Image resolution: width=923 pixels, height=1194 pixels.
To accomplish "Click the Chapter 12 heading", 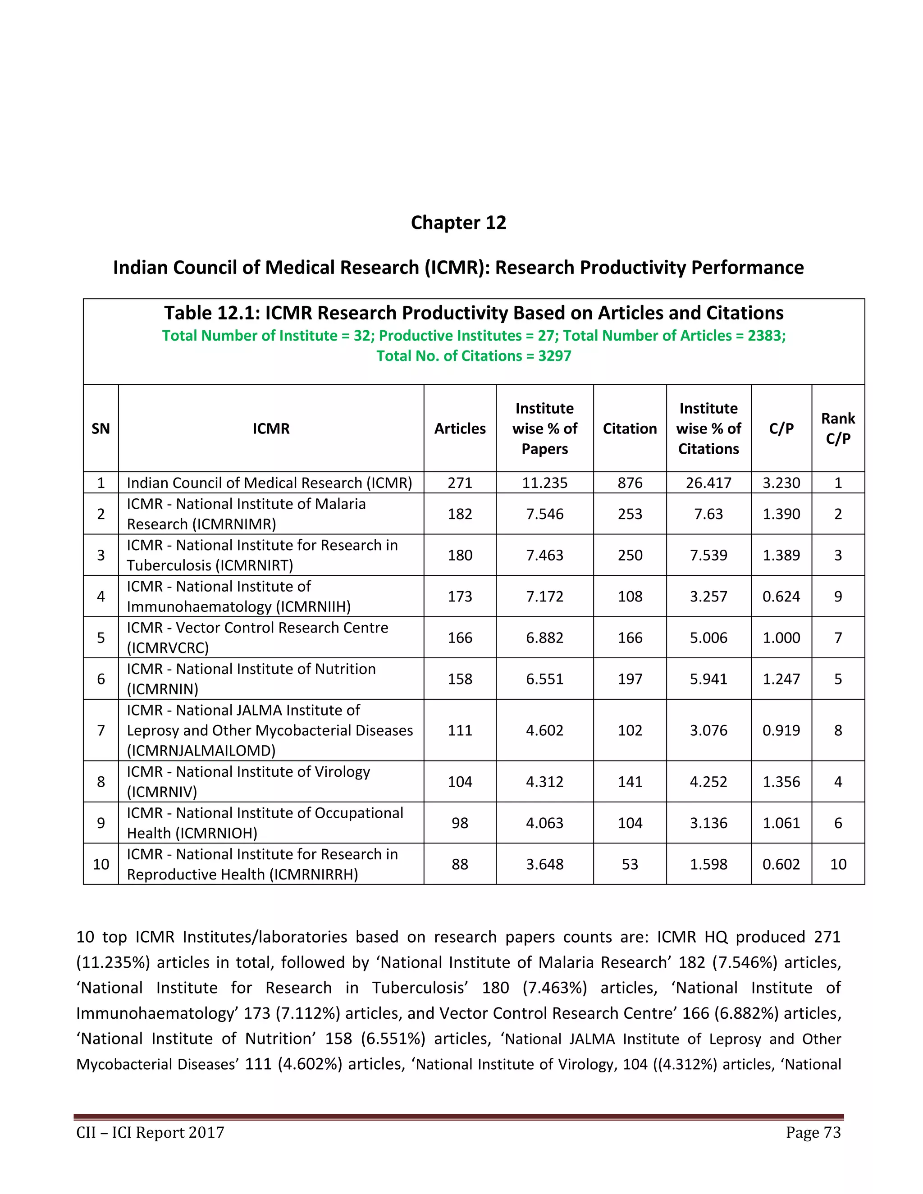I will pos(458,223).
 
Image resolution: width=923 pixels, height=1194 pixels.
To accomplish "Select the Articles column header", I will pos(460,428).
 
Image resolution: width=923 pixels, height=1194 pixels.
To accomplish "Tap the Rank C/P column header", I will pos(838,428).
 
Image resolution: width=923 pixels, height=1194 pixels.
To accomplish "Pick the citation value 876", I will pos(630,483).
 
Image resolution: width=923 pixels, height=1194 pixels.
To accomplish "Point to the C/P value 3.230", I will pos(781,483).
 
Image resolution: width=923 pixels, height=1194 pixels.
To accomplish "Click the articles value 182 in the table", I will pos(460,514).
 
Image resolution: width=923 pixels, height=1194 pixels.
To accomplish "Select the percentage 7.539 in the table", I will pos(708,555).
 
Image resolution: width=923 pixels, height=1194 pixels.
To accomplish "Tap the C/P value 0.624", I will pos(781,597).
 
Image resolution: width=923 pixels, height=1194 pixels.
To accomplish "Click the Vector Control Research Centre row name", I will pos(257,638).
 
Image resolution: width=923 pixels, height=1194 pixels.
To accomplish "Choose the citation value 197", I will pos(630,679).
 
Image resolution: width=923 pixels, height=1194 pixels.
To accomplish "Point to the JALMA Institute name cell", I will pos(270,730).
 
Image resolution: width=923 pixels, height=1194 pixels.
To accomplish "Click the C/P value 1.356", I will pos(781,782).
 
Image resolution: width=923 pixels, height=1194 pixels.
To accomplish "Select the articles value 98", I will pos(460,823).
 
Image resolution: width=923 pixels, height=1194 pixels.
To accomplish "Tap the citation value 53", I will pos(630,864).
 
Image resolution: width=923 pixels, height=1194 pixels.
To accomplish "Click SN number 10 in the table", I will pos(101,864).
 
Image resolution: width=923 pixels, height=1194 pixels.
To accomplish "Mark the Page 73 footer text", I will pos(813,1132).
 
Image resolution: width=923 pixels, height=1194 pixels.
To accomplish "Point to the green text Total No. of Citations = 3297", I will pos(474,356).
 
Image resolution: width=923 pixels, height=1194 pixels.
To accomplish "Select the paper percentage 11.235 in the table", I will pos(544,483).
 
